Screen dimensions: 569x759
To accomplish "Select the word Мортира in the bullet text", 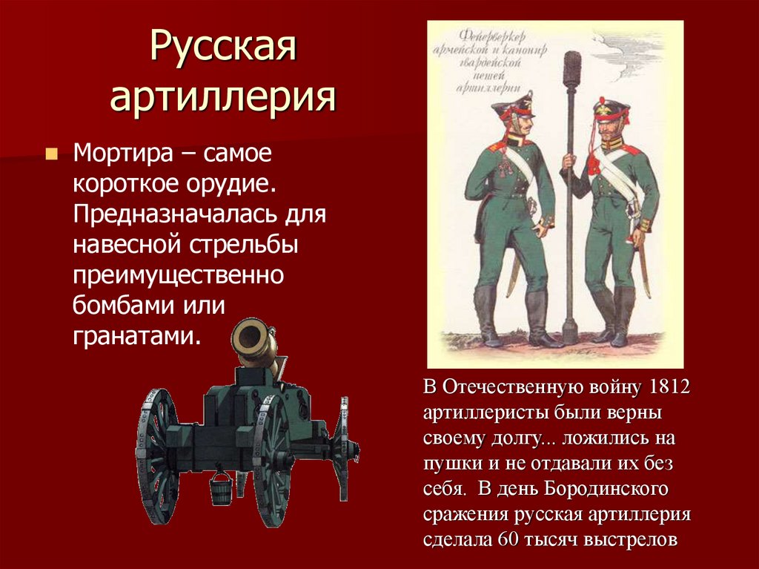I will click(x=119, y=155).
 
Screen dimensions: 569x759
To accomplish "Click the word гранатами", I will click(x=136, y=336).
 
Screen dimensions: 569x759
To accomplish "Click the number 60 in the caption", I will click(x=509, y=539).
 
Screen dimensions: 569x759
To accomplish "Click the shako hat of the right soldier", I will click(x=611, y=111).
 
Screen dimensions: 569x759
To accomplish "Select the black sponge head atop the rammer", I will click(x=571, y=71).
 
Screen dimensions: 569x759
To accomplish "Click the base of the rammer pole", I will click(x=570, y=330).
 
